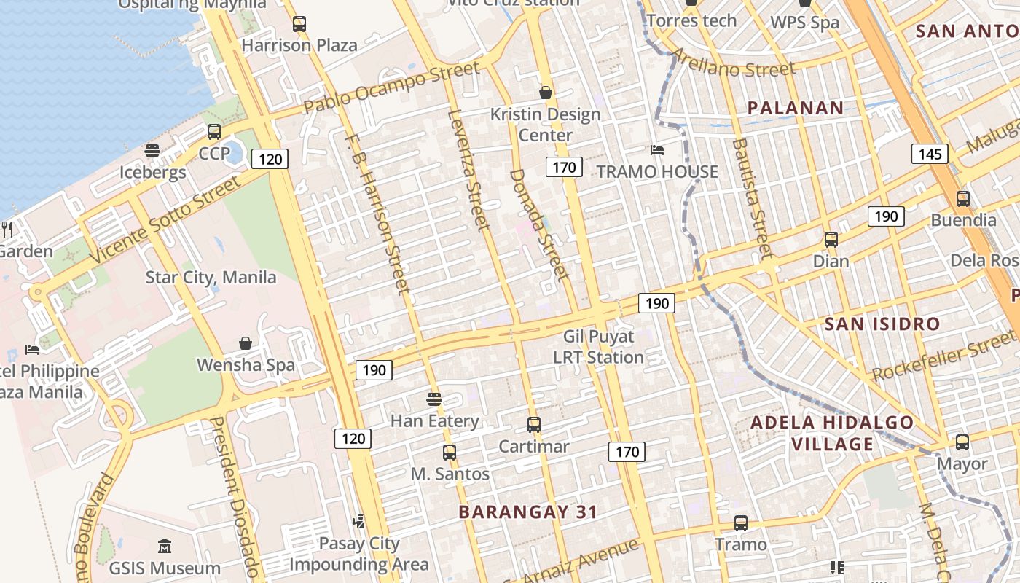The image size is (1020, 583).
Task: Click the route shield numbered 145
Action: coord(929,154)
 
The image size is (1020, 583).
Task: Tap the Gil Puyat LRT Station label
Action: coord(598,347)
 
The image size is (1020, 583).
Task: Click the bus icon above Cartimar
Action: coord(534,425)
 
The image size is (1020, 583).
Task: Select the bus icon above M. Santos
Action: coord(450,452)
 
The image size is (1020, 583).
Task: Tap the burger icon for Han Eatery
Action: coord(434,399)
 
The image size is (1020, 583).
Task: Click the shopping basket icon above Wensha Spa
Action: coord(246,343)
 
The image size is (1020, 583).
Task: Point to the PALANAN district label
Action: coord(796,109)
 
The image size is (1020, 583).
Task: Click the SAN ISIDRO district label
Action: coord(882,324)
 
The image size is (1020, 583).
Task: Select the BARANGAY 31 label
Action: coord(528,512)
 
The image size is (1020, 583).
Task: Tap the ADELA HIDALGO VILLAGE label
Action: coord(832,433)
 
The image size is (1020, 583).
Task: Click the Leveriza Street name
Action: coord(468,169)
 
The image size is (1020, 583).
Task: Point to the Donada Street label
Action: coord(539,224)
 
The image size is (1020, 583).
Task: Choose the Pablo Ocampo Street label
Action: coord(392,87)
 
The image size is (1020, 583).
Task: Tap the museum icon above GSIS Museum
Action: coord(165,547)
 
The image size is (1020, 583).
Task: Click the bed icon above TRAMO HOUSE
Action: coord(657,150)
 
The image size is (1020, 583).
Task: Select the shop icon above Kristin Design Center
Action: coord(545,93)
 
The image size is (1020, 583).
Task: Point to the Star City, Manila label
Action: coord(211,278)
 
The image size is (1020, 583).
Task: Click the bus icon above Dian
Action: coord(831,240)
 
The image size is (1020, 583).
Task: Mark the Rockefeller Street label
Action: coord(946,359)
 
